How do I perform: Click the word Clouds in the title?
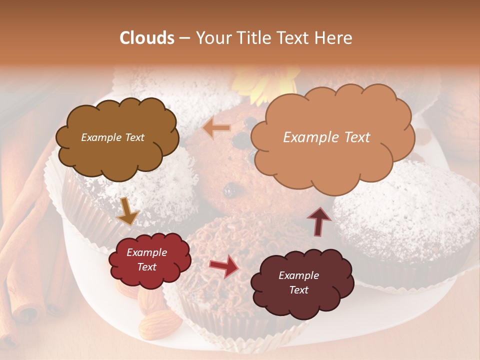click(147, 38)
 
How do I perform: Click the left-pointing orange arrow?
click(216, 128)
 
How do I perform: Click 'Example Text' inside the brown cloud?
click(112, 137)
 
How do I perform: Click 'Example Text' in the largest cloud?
click(326, 137)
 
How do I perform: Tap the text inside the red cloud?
click(146, 260)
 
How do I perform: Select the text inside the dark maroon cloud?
click(298, 282)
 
